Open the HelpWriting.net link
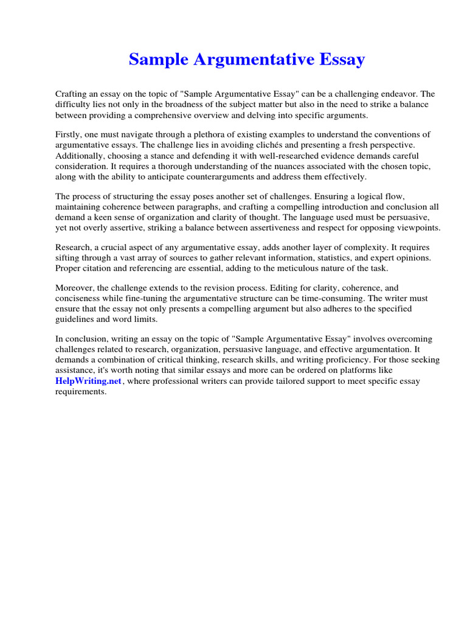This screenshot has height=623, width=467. pos(89,381)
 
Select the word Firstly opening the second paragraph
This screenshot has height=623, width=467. pos(69,134)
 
